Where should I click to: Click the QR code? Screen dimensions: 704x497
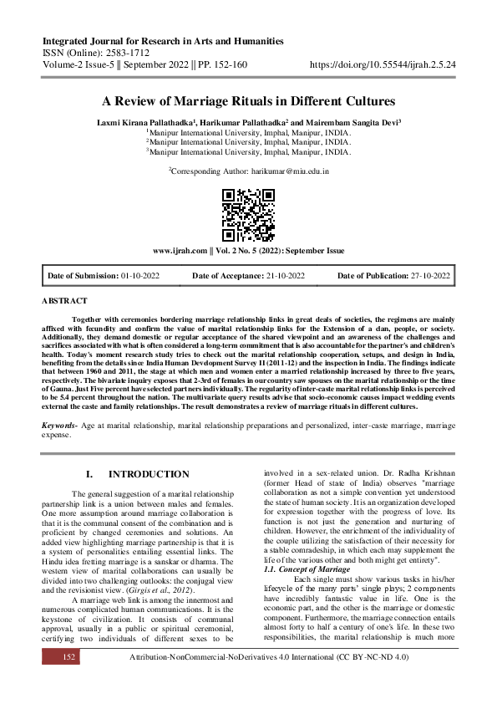pos(248,213)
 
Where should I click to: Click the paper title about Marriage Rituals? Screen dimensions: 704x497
pos(248,101)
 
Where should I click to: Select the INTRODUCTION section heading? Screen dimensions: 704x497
pos(149,474)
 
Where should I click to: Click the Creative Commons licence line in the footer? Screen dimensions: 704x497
pos(269,682)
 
